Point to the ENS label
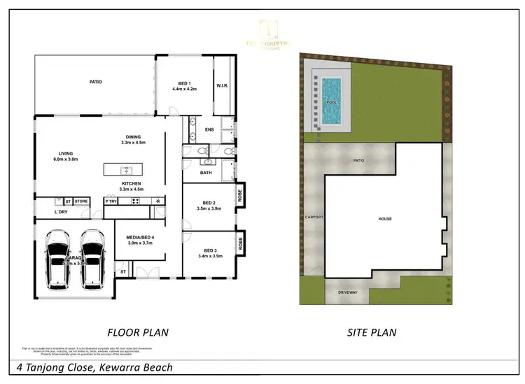pos(209,129)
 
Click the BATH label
pos(206,172)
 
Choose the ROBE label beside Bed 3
pos(241,244)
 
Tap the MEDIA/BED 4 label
pos(139,240)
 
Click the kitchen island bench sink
pos(126,170)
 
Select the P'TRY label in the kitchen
pos(111,201)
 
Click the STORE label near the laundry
pos(81,201)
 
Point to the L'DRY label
pos(62,212)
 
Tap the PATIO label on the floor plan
pos(96,82)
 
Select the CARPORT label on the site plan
pos(314,217)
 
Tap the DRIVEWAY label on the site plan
pos(348,292)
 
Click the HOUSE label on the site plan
pos(385,219)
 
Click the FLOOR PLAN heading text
pos(138,332)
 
